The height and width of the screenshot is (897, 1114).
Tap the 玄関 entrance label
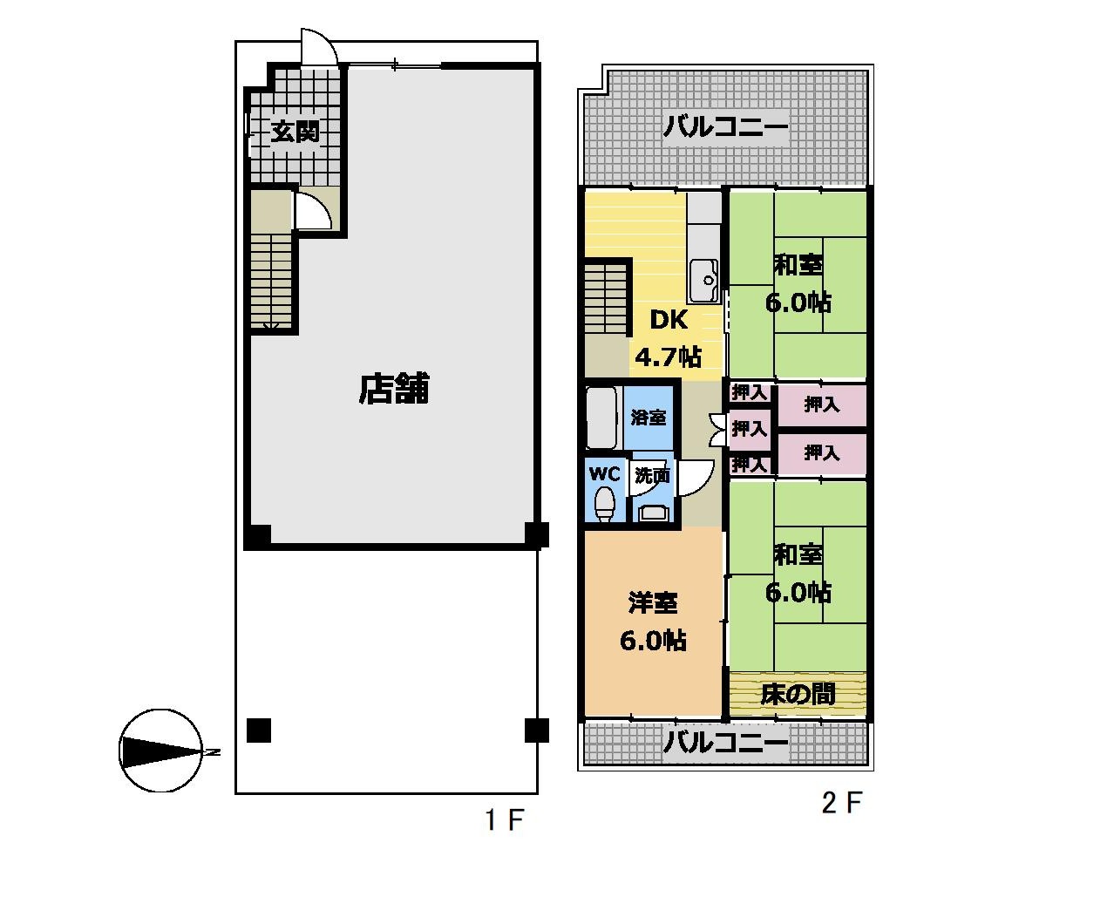[x=295, y=132]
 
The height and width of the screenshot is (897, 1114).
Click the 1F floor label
[x=505, y=820]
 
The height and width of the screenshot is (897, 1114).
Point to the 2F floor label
[x=842, y=803]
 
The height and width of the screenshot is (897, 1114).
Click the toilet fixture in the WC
[x=604, y=505]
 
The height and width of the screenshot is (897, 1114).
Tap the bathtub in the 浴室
[x=602, y=418]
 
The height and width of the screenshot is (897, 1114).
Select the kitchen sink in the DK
[x=704, y=281]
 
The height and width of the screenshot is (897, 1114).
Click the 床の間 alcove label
[x=798, y=694]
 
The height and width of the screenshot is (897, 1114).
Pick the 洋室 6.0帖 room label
[x=653, y=622]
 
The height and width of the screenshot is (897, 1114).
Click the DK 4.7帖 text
[x=669, y=337]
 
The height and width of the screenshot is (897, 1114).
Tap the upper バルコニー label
[x=725, y=126]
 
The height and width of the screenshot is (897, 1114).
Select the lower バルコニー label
[x=725, y=744]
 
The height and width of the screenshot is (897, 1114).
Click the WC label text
[x=605, y=473]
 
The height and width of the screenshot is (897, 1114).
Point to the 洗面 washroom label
[x=652, y=475]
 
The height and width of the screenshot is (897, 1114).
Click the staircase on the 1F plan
[x=271, y=281]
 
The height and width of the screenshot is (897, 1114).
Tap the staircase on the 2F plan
[x=606, y=300]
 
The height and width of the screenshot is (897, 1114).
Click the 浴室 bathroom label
[x=649, y=418]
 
